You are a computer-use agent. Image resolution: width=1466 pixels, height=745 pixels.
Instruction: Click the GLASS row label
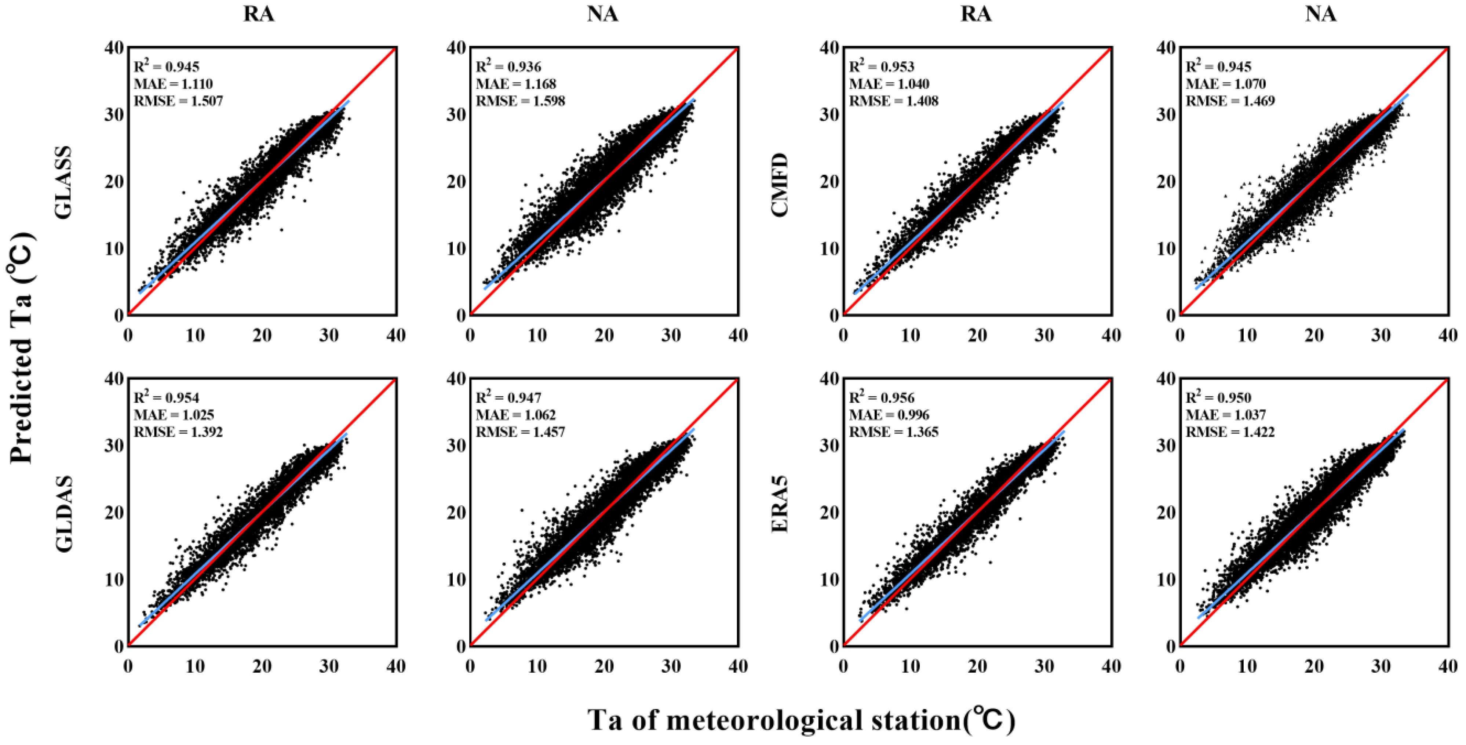[x=64, y=182]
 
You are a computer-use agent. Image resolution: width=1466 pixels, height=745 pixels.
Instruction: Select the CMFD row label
[x=780, y=184]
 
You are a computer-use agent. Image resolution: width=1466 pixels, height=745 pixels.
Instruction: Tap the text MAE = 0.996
[x=889, y=415]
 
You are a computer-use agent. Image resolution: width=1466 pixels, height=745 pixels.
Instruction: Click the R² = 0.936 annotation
[x=508, y=66]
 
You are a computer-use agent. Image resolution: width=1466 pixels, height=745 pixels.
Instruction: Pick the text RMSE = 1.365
[x=893, y=432]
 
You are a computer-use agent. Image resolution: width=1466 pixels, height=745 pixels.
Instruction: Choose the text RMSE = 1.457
[x=520, y=432]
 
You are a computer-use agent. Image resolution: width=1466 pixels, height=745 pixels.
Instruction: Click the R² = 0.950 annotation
[x=1218, y=397]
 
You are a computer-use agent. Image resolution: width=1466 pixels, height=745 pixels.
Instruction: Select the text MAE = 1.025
[x=174, y=415]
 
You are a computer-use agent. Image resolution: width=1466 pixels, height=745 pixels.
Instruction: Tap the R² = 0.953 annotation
[x=882, y=66]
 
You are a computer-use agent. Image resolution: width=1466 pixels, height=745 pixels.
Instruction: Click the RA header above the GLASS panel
[x=259, y=14]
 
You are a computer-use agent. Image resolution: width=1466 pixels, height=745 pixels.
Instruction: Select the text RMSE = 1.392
[x=178, y=432]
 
